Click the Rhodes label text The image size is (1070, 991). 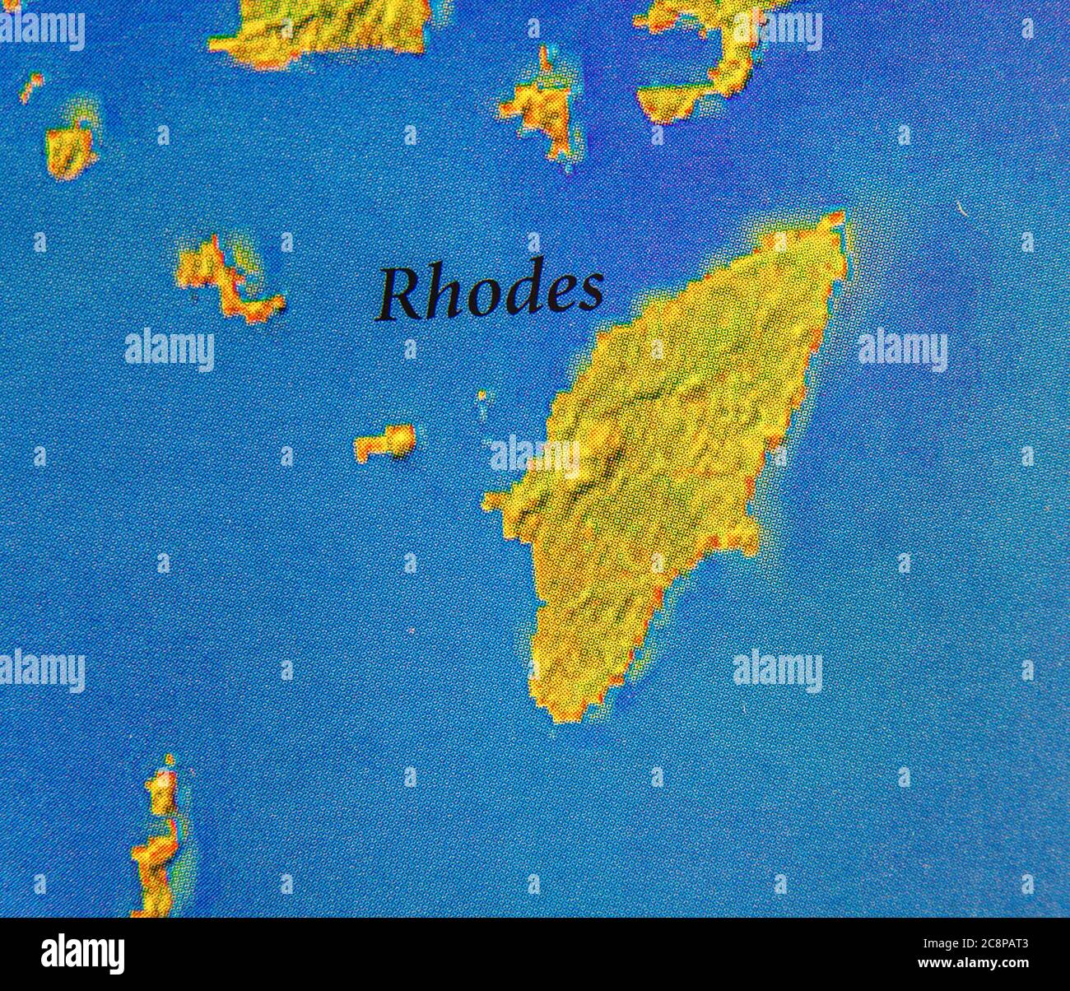pos(490,293)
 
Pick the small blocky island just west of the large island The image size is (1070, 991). pos(385,442)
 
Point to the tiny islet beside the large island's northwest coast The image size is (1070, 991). pos(482,397)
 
